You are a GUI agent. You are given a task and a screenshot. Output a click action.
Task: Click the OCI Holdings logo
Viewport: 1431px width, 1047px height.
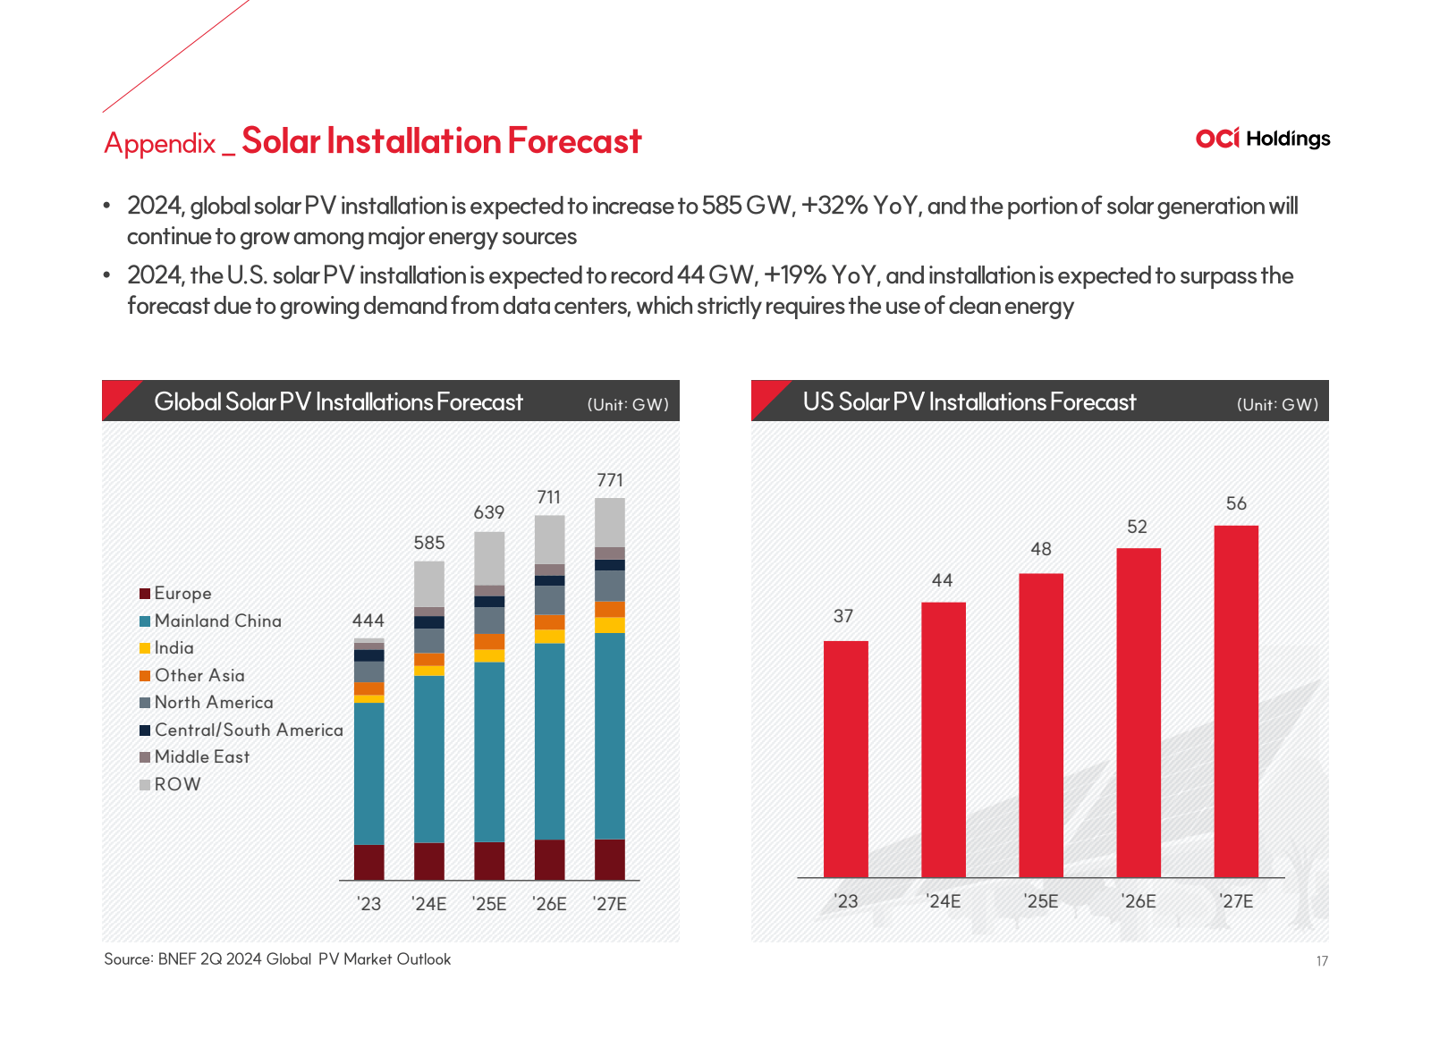coord(1262,139)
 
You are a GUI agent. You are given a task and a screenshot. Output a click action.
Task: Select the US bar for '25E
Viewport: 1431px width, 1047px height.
coord(1041,724)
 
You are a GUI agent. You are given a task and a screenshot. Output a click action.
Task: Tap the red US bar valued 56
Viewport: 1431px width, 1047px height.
coord(1236,701)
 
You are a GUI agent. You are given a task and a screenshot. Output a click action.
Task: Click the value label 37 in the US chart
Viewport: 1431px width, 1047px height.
coord(843,616)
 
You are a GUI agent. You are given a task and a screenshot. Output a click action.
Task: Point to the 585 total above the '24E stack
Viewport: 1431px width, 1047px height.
coord(429,543)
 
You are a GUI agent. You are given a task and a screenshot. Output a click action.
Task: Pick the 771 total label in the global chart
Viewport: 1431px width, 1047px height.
coord(610,480)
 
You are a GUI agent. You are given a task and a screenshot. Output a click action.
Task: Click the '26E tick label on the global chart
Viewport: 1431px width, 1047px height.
coord(549,904)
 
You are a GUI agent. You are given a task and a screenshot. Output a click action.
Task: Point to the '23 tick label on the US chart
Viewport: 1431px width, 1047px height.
coord(845,901)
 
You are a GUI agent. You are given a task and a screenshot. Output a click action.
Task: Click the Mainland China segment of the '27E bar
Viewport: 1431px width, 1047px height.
coord(610,735)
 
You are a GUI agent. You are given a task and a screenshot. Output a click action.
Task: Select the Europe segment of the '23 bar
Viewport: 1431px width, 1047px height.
coord(368,862)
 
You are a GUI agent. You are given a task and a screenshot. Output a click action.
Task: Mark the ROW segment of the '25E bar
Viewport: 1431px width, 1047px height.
coord(489,558)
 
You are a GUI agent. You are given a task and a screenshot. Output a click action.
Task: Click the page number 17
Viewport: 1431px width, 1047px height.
coord(1322,961)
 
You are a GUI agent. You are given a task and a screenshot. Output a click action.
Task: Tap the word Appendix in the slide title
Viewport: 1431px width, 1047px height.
coord(160,143)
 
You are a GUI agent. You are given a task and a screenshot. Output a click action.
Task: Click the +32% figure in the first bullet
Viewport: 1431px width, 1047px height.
coord(834,207)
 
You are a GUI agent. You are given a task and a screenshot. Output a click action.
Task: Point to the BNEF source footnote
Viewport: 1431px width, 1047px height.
coord(277,959)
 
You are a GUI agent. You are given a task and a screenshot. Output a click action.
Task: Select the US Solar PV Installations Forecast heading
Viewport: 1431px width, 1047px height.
coord(970,402)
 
